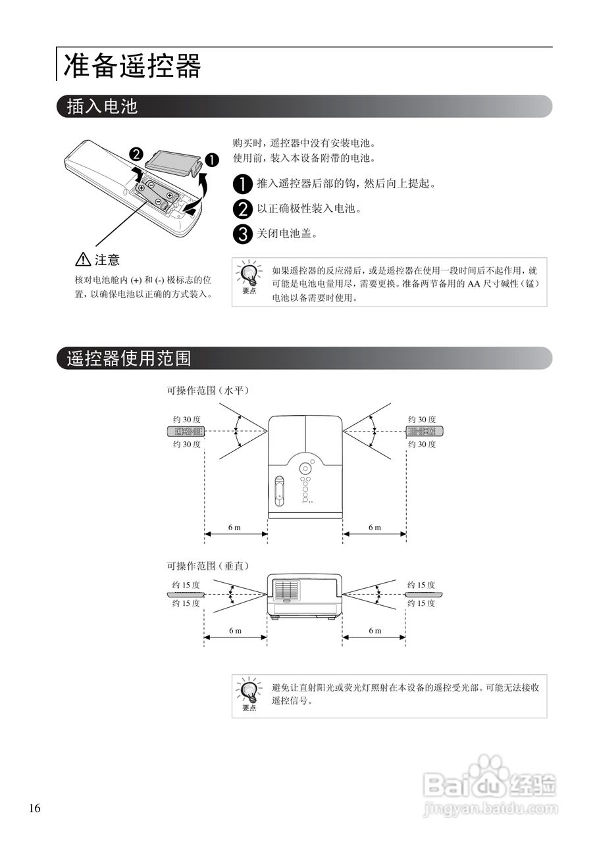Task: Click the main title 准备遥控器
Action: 132,66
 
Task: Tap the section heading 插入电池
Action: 102,107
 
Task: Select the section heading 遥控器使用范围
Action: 129,358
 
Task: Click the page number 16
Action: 35,808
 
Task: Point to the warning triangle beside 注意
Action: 84,260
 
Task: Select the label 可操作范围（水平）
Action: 207,390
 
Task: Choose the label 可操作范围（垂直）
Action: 207,565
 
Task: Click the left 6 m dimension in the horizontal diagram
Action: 235,528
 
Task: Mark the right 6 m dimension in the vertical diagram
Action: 375,631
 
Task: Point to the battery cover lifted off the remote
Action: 172,162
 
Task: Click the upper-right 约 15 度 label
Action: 421,585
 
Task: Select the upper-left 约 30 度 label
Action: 187,419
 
